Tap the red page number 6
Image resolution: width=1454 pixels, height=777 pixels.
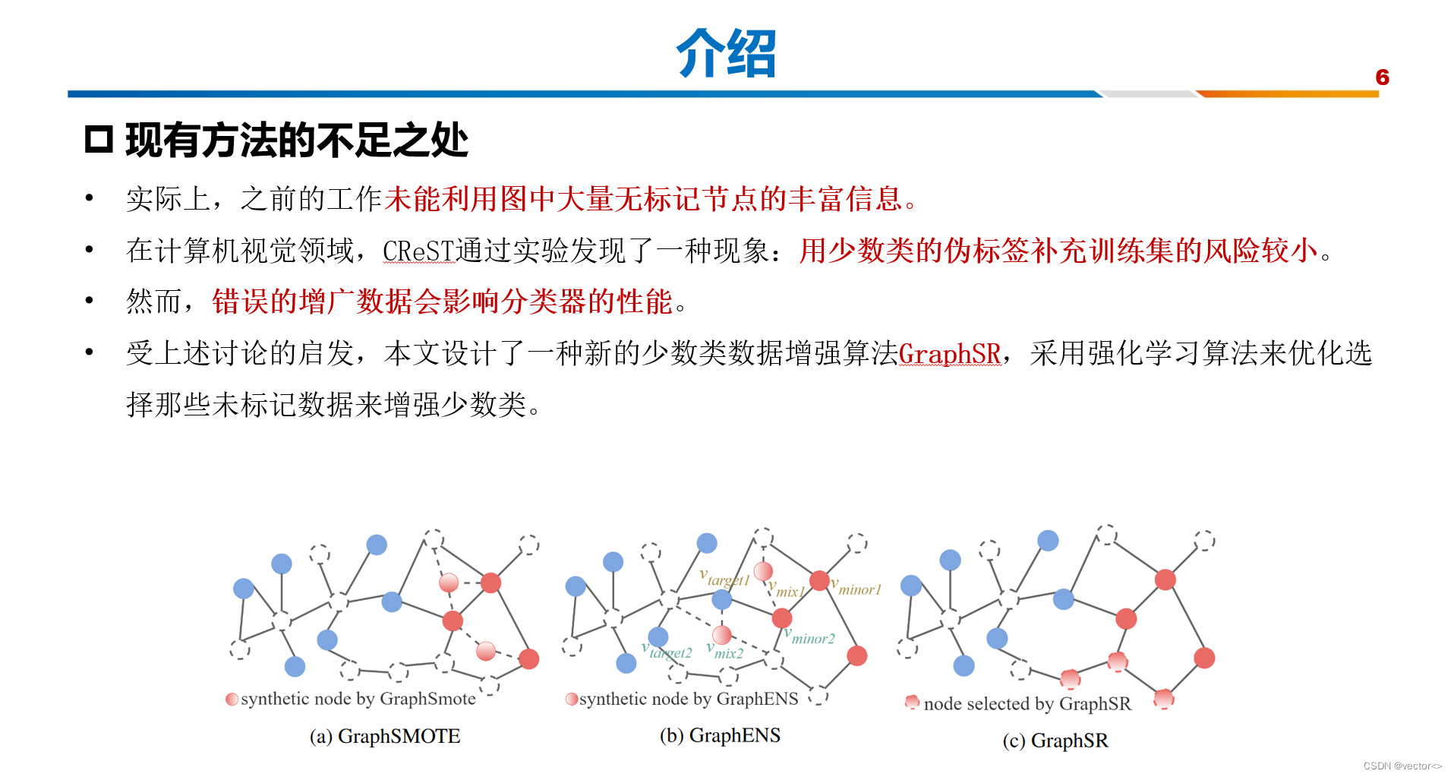coord(1382,77)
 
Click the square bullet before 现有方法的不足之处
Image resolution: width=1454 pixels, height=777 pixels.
coord(99,140)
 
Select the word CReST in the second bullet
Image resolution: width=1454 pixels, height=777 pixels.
coord(418,251)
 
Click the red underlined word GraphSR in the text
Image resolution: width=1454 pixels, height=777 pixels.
coord(949,354)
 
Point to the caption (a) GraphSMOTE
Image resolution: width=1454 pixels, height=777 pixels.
coord(384,736)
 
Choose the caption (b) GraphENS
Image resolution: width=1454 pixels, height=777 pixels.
coord(720,735)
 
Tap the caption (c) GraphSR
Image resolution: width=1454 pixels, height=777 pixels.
coord(1055,741)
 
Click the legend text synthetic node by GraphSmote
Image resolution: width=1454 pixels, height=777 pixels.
coord(358,699)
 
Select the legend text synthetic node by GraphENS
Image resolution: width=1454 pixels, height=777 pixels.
coord(688,699)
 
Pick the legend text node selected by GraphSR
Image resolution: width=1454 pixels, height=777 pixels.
coord(1027,704)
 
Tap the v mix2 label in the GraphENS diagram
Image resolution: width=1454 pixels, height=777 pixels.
coord(725,651)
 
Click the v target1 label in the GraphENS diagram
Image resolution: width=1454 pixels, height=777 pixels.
coord(724,579)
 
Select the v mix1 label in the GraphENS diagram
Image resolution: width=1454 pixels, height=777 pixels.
coord(787,590)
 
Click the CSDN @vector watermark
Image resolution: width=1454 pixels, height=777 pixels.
coord(1402,766)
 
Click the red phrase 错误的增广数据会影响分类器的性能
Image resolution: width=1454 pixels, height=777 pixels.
coord(442,302)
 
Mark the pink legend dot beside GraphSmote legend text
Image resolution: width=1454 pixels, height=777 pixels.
coord(232,699)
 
